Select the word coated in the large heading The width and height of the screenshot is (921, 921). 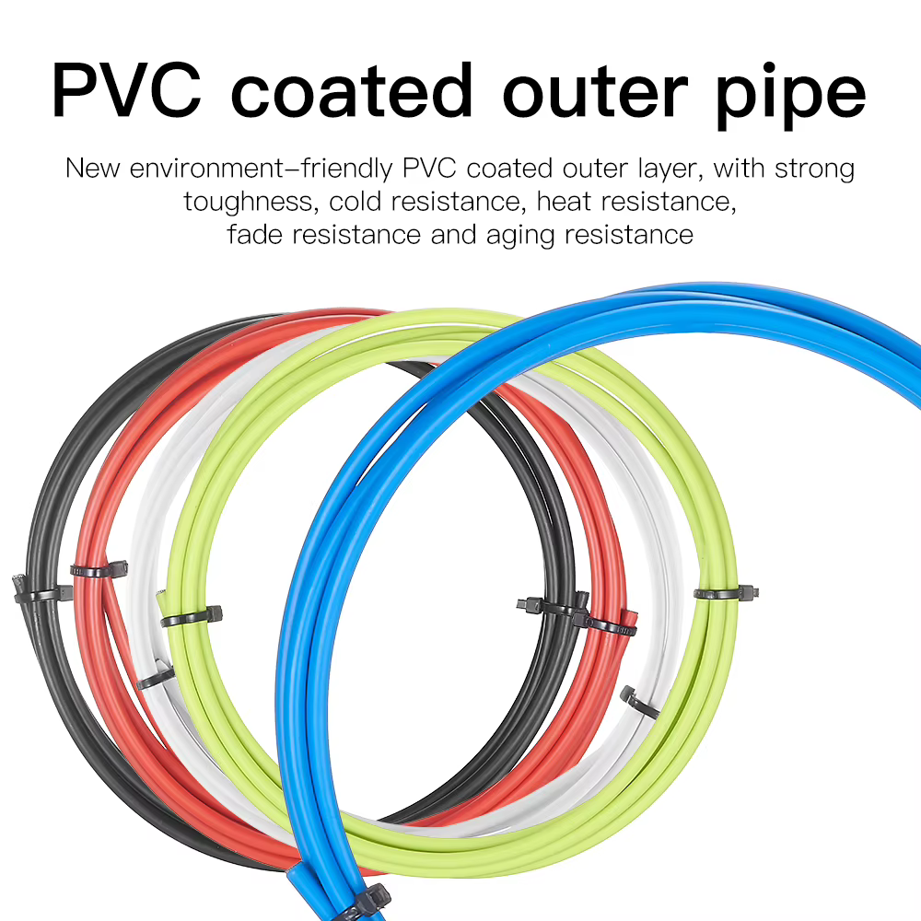pyautogui.click(x=351, y=90)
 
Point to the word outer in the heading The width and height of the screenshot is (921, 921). pyautogui.click(x=594, y=94)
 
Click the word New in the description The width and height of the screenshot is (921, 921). pyautogui.click(x=92, y=168)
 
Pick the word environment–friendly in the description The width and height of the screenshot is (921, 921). pyautogui.click(x=261, y=169)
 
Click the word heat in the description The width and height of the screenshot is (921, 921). pyautogui.click(x=564, y=202)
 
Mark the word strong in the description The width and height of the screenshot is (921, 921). pyautogui.click(x=814, y=169)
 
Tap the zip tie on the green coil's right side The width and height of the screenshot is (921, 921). pyautogui.click(x=727, y=592)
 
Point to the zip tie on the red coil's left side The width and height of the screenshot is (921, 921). pyautogui.click(x=99, y=569)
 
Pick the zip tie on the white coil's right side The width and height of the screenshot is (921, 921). pyautogui.click(x=640, y=702)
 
